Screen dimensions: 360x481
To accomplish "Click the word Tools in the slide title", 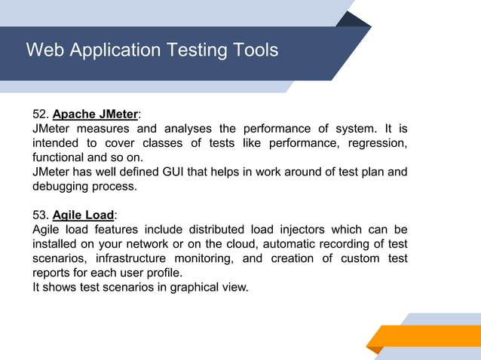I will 253,50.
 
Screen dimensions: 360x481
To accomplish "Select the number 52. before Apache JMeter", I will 41,114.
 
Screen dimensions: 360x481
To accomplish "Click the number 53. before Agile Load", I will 41,215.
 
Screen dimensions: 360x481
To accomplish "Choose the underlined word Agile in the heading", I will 67,215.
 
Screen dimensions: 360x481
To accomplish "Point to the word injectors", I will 311,229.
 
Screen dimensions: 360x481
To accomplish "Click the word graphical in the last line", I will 179,286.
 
